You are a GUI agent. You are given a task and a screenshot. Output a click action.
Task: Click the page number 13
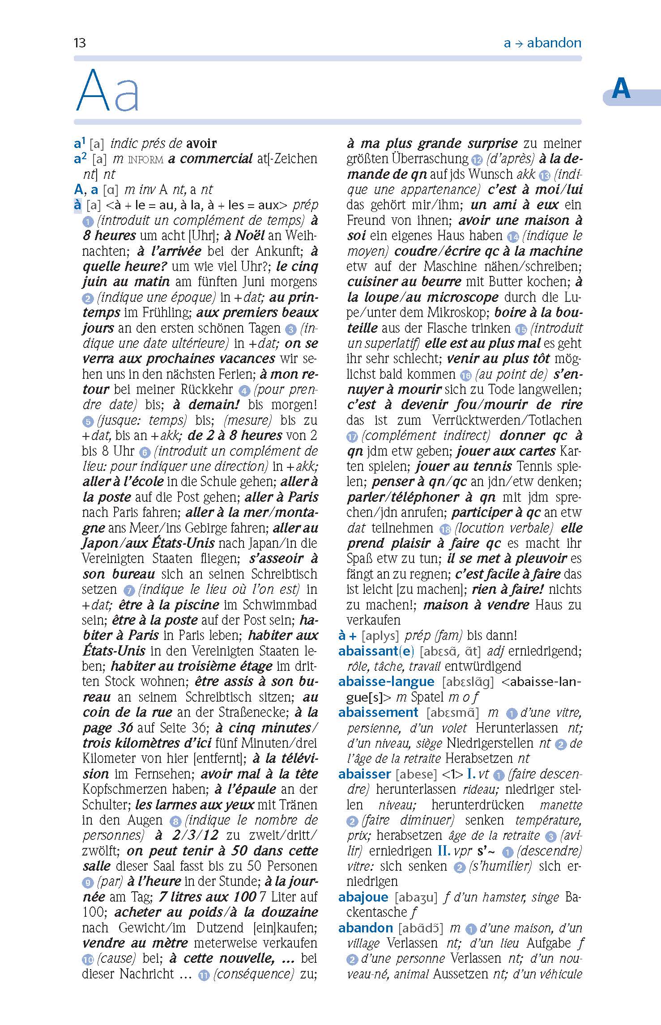(x=80, y=43)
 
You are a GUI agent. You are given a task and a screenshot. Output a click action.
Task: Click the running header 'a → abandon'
(x=542, y=43)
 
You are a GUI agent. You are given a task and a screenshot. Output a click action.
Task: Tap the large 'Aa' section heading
(x=108, y=91)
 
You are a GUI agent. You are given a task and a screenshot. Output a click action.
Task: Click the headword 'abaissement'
(x=378, y=712)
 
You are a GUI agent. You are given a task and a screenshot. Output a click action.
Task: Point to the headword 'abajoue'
(x=363, y=897)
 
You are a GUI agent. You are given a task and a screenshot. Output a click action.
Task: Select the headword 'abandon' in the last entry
(x=366, y=928)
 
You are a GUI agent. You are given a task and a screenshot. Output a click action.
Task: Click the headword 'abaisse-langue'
(x=386, y=682)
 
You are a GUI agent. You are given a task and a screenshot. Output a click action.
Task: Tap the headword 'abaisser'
(x=365, y=774)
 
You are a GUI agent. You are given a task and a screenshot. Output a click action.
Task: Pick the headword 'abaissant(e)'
(x=376, y=651)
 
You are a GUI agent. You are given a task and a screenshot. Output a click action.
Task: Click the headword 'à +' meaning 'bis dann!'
(x=348, y=635)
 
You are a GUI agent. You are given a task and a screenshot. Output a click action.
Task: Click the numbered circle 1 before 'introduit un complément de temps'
(x=88, y=221)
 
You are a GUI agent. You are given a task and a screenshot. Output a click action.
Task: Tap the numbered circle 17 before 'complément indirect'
(x=352, y=436)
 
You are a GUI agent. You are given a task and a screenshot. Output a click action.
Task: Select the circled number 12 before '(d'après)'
(x=476, y=160)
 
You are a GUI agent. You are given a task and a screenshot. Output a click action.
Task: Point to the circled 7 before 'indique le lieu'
(x=129, y=591)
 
